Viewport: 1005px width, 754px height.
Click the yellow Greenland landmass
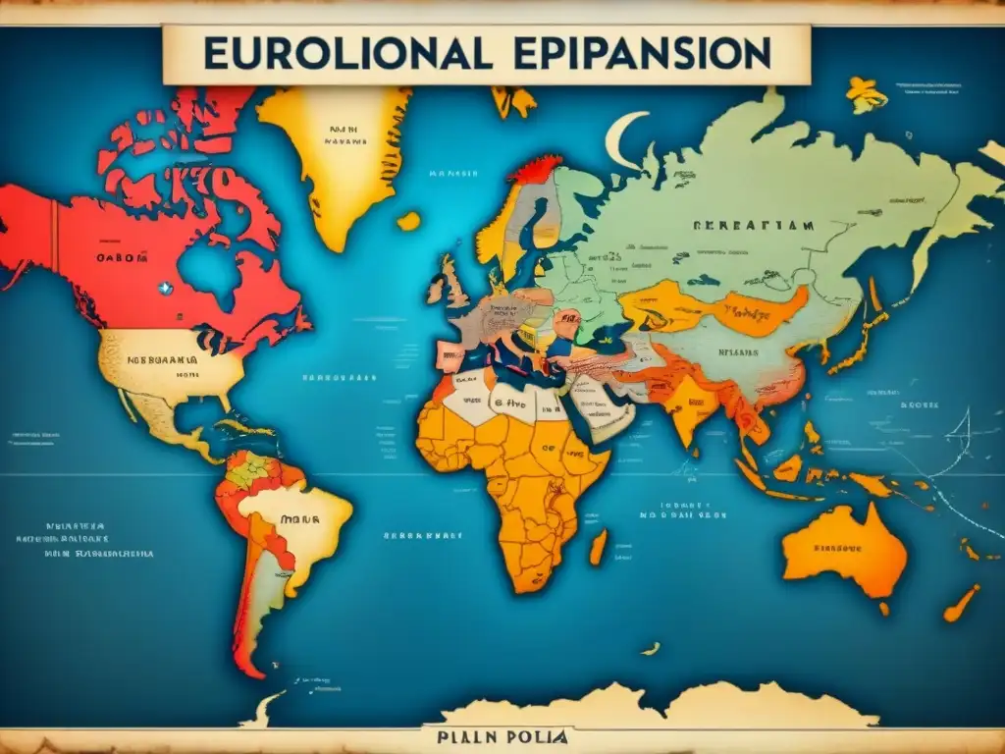[334, 157]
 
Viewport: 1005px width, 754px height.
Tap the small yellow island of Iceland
[408, 221]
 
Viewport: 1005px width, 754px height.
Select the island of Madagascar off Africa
[598, 547]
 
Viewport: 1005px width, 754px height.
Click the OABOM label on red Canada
[122, 258]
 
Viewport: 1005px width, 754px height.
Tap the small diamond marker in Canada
[166, 289]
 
